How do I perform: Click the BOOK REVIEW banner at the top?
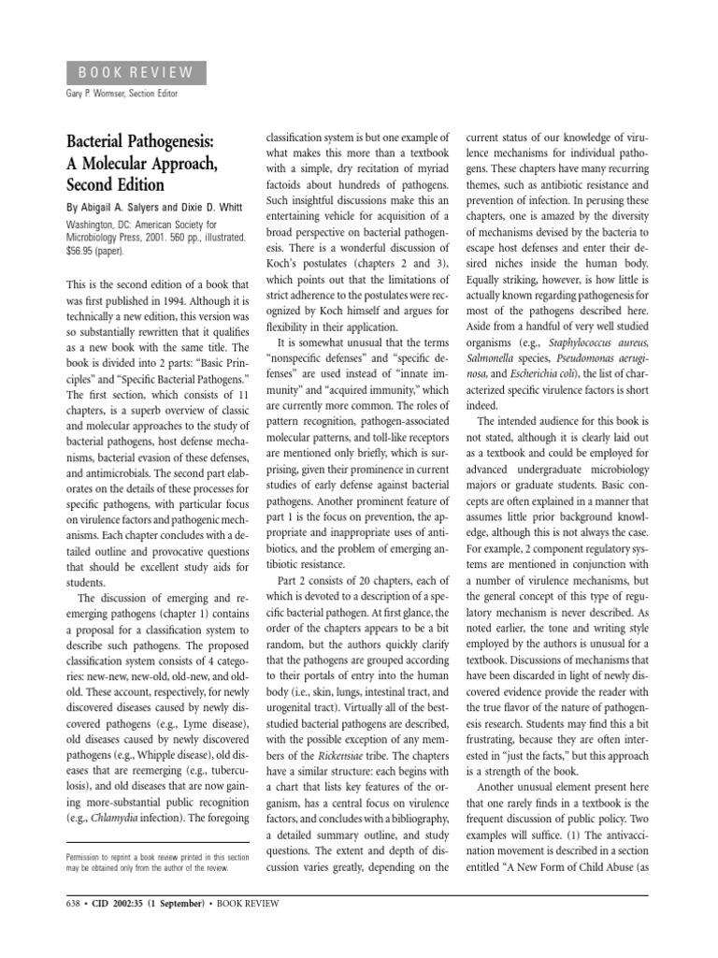pyautogui.click(x=136, y=72)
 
